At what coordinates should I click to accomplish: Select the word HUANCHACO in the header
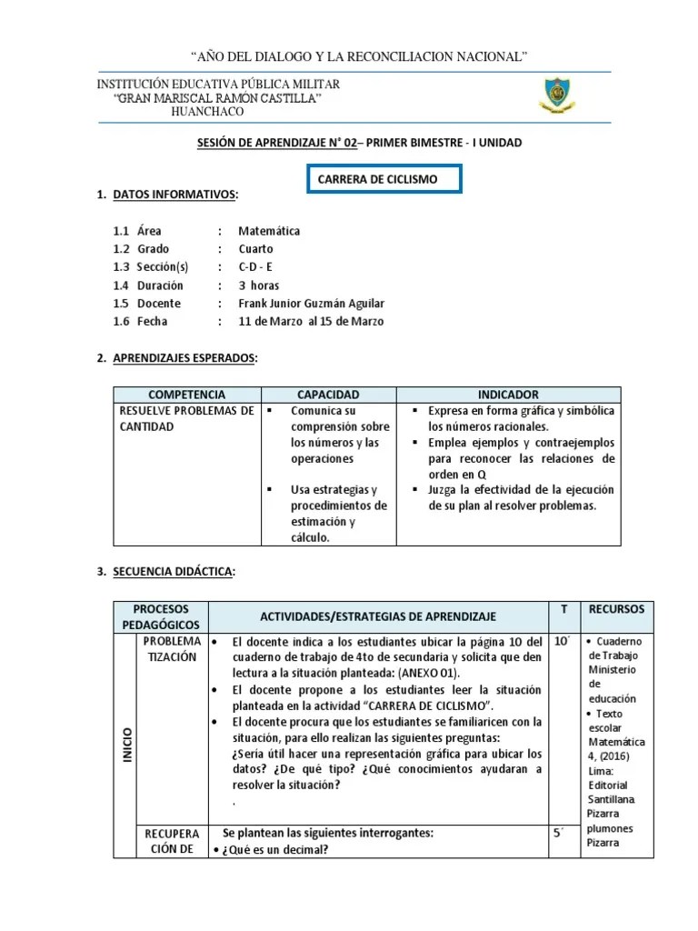(207, 111)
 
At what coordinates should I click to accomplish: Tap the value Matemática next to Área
(269, 231)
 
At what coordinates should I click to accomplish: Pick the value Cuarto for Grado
(255, 249)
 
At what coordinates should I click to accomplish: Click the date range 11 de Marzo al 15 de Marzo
(311, 322)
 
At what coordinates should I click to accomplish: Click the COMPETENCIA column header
(186, 395)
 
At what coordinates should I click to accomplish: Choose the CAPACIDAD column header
(328, 395)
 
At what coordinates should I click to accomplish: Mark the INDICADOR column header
(508, 395)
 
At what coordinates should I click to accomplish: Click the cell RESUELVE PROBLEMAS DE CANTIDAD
(186, 418)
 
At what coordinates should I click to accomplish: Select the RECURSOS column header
(616, 608)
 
